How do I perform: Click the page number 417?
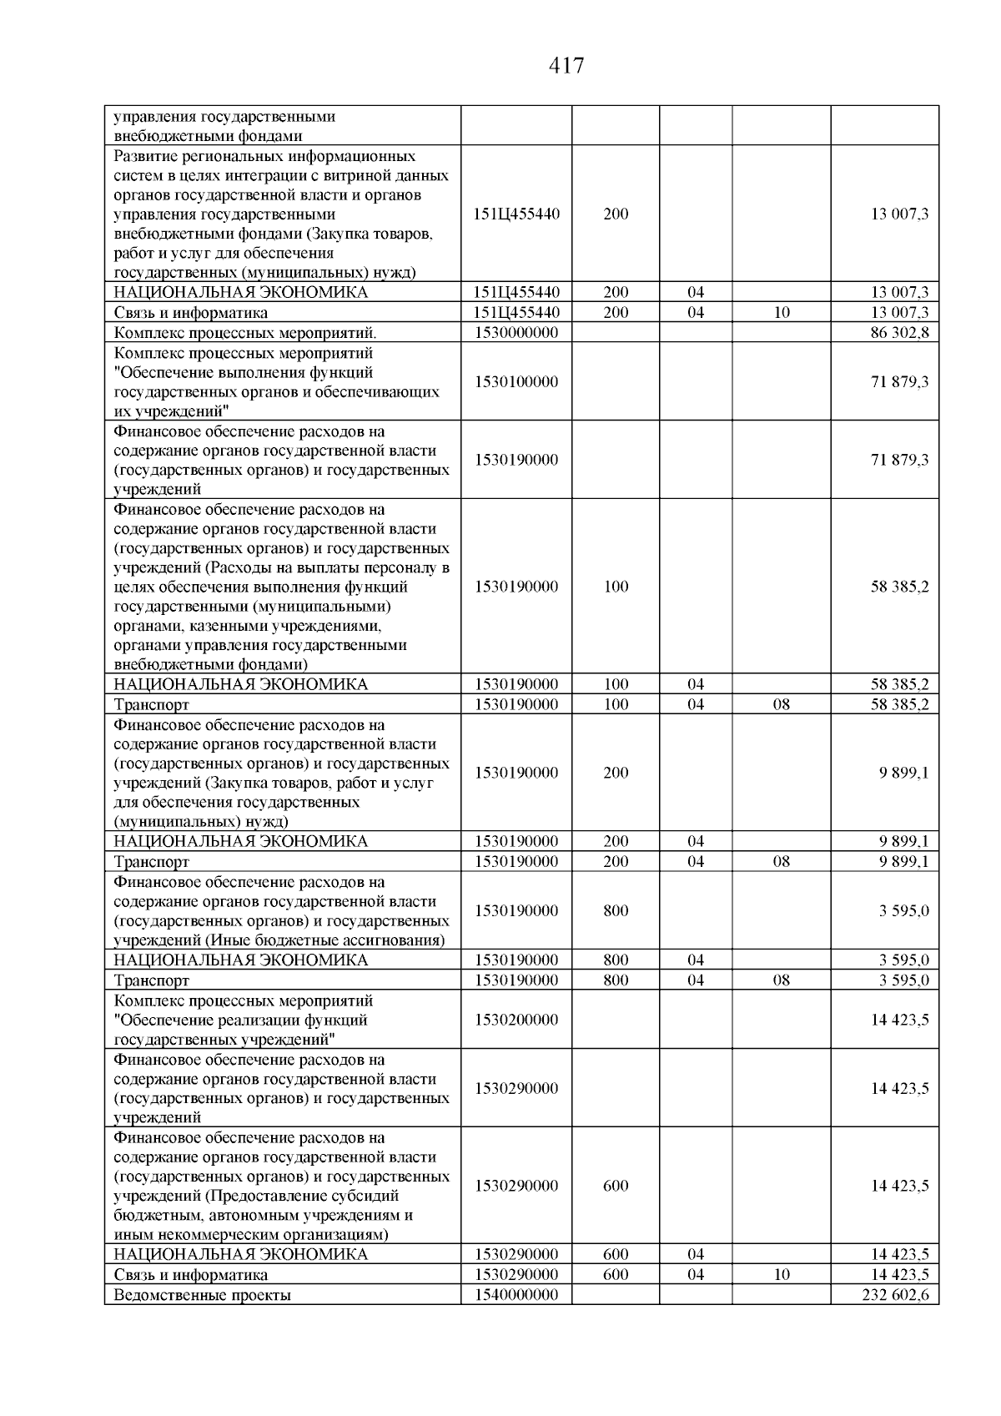[x=566, y=66]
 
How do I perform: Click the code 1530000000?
[x=516, y=332]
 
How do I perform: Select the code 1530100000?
[x=516, y=381]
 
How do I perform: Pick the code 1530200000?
[x=516, y=1019]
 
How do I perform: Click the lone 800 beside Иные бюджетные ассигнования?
[x=616, y=910]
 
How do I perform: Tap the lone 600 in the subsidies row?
[x=616, y=1185]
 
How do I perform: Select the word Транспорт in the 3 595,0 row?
[x=152, y=980]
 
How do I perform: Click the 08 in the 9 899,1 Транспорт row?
[x=781, y=861]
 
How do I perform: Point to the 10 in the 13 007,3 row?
[x=781, y=312]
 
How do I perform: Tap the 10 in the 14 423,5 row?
[x=781, y=1274]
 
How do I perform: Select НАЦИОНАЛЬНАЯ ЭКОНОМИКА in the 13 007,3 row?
[x=240, y=292]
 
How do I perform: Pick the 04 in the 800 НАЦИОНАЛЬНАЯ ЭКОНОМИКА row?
[x=696, y=960]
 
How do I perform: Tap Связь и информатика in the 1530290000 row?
[x=191, y=1274]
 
